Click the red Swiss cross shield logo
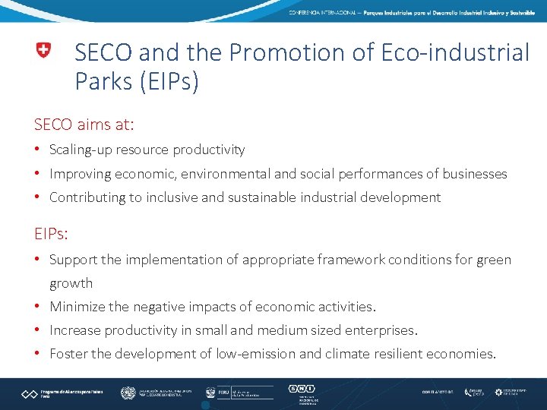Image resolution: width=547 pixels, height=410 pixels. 43,52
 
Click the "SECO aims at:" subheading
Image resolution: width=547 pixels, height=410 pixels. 84,123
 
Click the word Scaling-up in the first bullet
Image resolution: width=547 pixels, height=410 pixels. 81,150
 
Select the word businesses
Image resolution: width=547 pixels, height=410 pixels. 473,174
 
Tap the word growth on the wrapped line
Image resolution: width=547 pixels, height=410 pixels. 71,283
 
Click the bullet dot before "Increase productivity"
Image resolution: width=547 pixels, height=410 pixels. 38,330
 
